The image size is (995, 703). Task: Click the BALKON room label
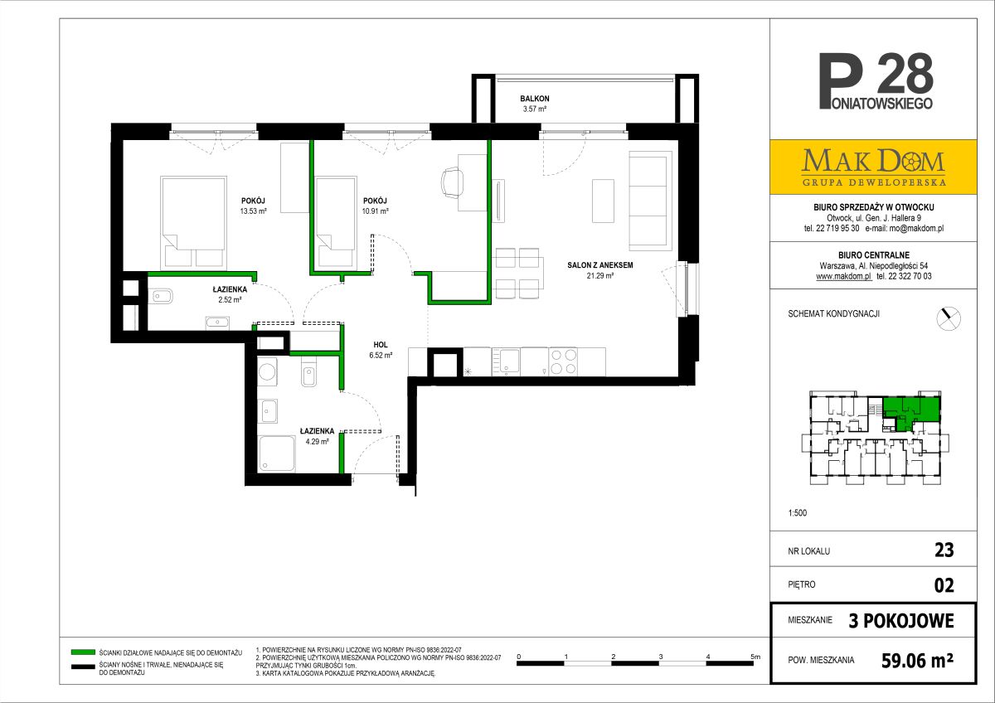pos(534,99)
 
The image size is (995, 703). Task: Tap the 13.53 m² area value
pos(253,211)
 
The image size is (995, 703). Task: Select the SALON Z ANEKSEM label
pos(600,265)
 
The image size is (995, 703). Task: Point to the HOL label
pos(381,345)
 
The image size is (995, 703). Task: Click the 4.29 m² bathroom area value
pos(317,441)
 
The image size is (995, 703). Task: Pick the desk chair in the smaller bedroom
pos(452,182)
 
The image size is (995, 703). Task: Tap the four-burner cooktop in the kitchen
pos(563,361)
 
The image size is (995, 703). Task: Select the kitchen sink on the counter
pos(506,361)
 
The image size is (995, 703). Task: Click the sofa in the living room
pos(650,201)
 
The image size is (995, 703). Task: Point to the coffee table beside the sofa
pos(603,201)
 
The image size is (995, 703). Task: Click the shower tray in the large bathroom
pos(276,453)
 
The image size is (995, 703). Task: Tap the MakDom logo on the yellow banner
pos(873,167)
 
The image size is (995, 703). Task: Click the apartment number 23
pos(944,550)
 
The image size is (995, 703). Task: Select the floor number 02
pos(944,585)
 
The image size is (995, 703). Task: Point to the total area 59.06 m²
pos(917,661)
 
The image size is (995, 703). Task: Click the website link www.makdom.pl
pos(844,276)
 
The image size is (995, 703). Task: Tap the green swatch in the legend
pos(83,652)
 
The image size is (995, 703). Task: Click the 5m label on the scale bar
pos(755,657)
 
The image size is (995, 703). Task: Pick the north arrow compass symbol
pos(949,318)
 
